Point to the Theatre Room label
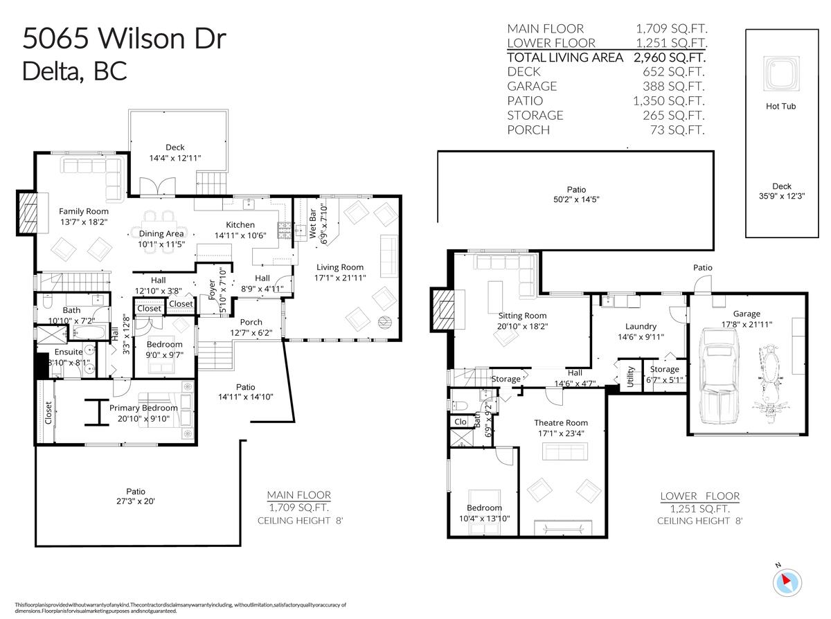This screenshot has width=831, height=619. [560, 422]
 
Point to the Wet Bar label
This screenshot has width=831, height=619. [313, 224]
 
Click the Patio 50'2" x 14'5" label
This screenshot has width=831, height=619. [575, 194]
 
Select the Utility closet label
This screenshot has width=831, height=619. [630, 378]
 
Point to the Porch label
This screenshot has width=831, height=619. [251, 322]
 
